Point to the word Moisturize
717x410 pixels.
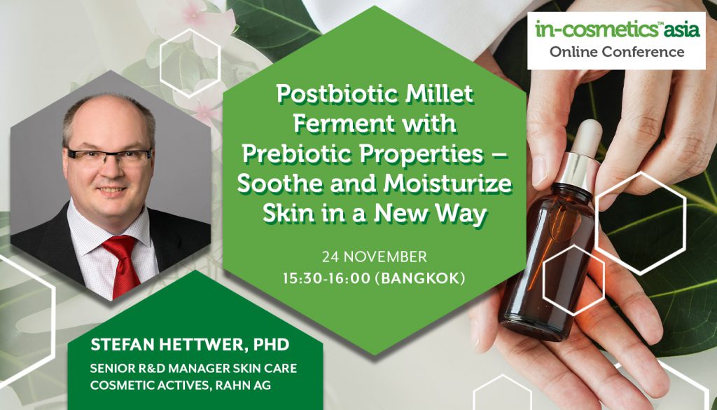447,184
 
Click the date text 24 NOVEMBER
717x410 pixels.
375,257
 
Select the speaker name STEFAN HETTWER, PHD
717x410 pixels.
190,345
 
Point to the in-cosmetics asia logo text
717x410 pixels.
618,29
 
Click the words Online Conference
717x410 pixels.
617,52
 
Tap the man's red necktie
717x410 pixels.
123,264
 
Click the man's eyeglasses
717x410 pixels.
109,156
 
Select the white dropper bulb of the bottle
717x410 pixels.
587,137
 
